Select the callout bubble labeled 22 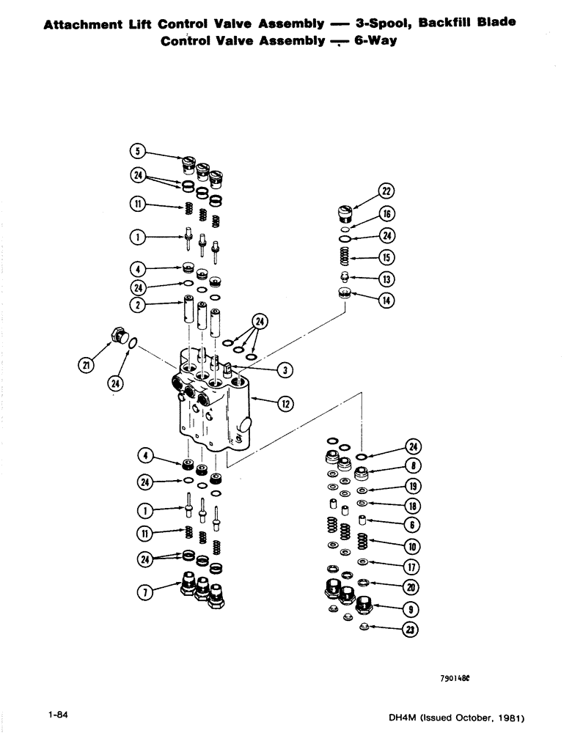[386, 192]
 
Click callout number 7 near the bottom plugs [145, 595]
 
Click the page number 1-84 [58, 713]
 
